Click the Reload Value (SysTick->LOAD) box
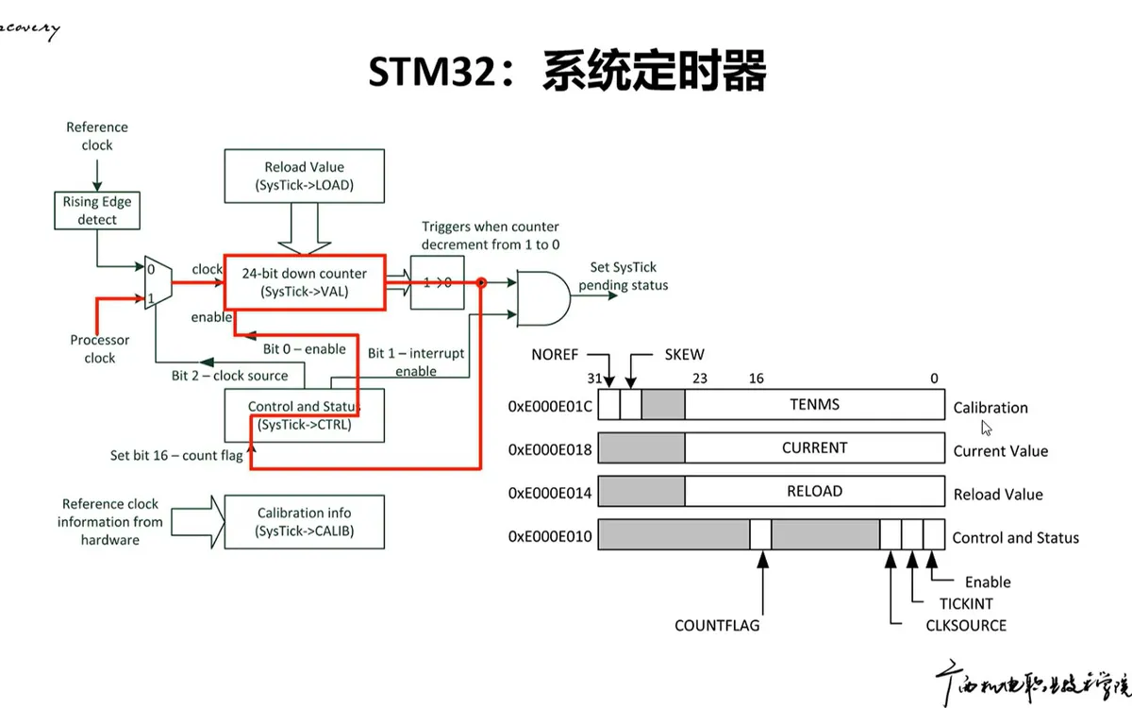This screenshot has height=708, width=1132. coord(305,176)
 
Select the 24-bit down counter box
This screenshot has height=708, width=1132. coord(304,281)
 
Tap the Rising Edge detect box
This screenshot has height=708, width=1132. coord(97,210)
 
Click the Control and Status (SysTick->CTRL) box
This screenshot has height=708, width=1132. coord(304,415)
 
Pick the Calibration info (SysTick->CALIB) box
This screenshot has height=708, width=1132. coord(304,522)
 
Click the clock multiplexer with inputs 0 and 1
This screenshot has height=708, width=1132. coord(157,280)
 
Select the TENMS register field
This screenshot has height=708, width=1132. coord(814,405)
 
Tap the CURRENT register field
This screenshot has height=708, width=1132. coord(814,447)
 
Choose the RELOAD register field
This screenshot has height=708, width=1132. coord(814,491)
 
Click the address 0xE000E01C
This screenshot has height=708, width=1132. coord(550,407)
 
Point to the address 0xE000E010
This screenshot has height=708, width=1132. coord(550,536)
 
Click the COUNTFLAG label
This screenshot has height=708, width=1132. coord(717,625)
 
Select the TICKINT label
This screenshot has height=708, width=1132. coord(966,603)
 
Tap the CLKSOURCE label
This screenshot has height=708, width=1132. coord(966,625)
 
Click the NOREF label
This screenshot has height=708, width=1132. coord(555,355)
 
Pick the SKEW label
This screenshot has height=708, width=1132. coord(684,355)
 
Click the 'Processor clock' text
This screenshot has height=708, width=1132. coord(99,348)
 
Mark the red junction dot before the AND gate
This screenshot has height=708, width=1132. coord(480,282)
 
